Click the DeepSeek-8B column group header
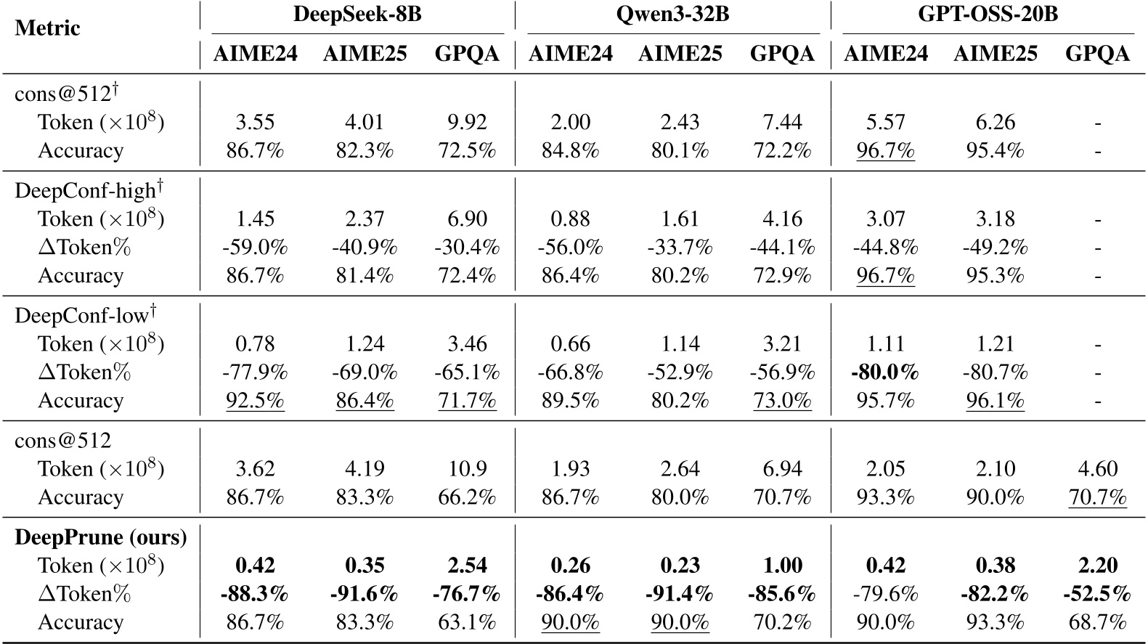pyautogui.click(x=357, y=15)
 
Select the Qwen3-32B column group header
pyautogui.click(x=672, y=15)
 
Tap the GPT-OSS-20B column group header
pyautogui.click(x=988, y=15)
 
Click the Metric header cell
pyautogui.click(x=47, y=28)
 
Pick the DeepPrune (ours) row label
pyautogui.click(x=101, y=537)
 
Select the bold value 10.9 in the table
pyautogui.click(x=467, y=469)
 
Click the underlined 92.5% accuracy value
pyautogui.click(x=255, y=401)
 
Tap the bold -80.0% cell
pyautogui.click(x=885, y=372)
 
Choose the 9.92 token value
pyautogui.click(x=467, y=122)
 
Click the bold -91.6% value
pyautogui.click(x=365, y=594)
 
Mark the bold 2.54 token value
pyautogui.click(x=467, y=566)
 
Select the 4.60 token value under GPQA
pyautogui.click(x=1097, y=469)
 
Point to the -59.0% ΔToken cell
pyautogui.click(x=255, y=248)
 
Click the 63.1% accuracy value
pyautogui.click(x=467, y=622)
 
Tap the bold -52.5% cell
pyautogui.click(x=1097, y=594)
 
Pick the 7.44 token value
pyautogui.click(x=782, y=122)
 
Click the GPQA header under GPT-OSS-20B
pyautogui.click(x=1097, y=54)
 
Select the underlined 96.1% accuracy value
pyautogui.click(x=995, y=401)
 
